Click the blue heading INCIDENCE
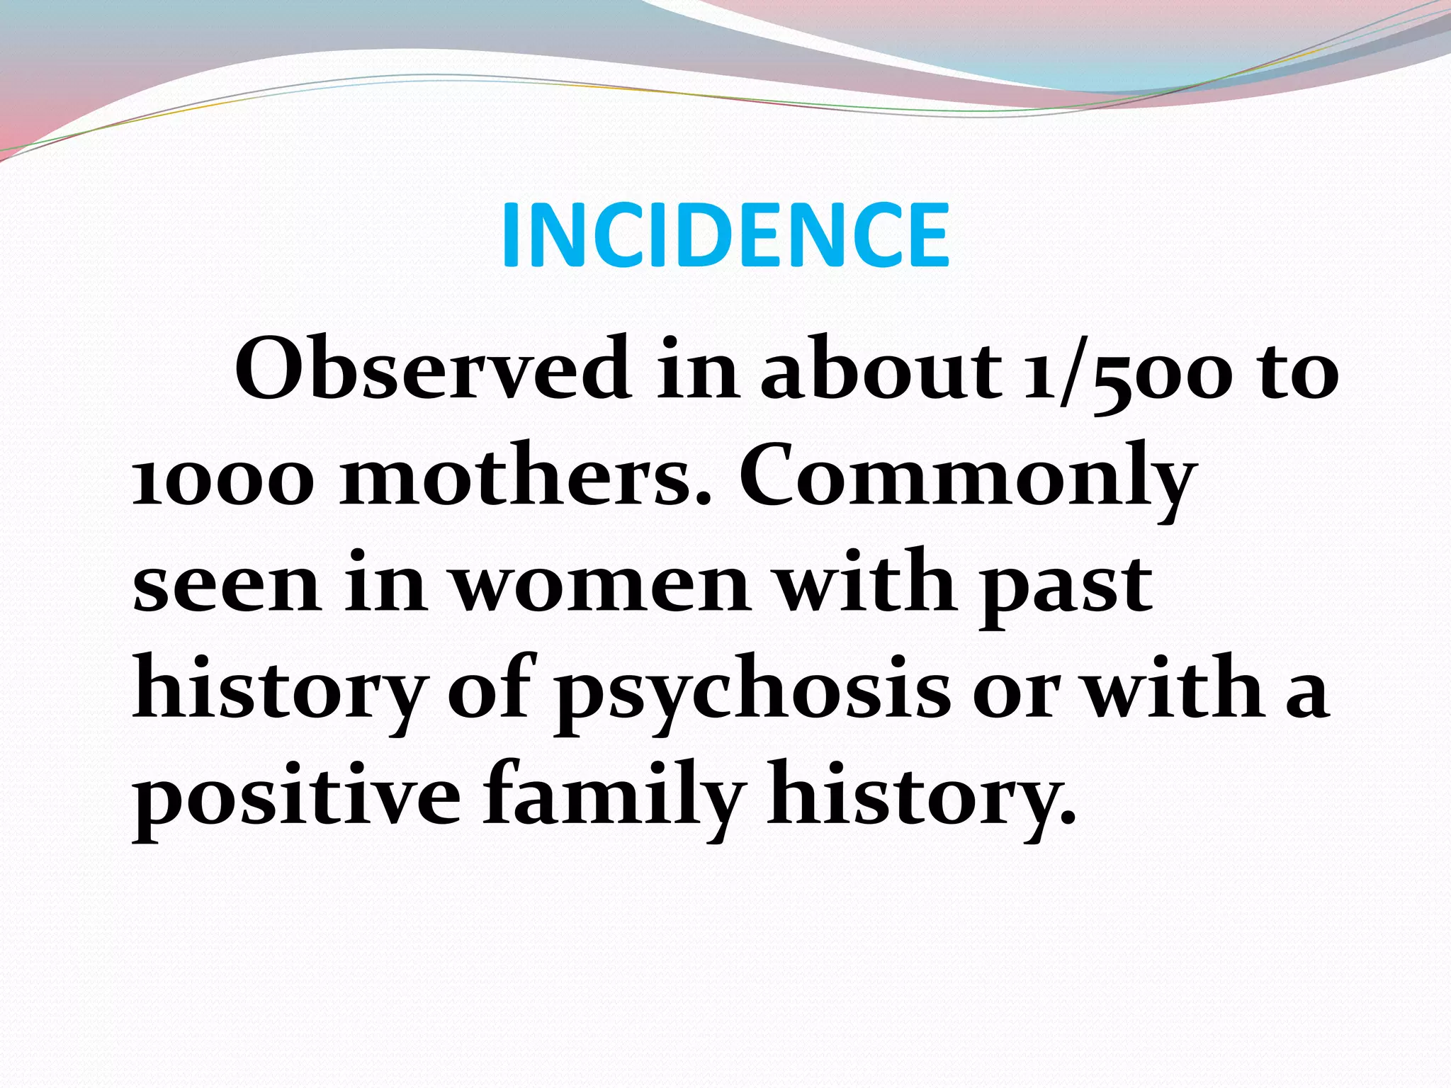[725, 234]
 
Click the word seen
[227, 585]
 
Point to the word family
[614, 797]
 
